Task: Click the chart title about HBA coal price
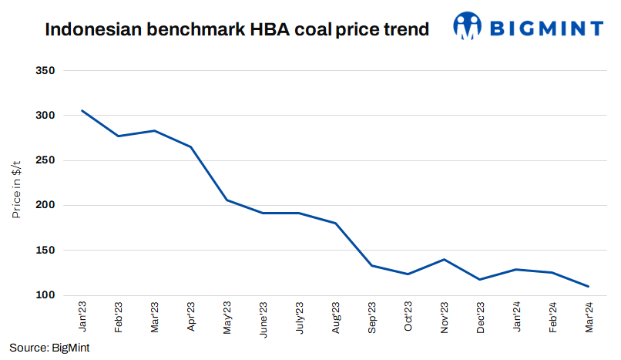tap(237, 30)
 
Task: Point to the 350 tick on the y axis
tap(46, 71)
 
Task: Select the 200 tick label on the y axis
tap(46, 206)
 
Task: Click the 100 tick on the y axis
tap(46, 295)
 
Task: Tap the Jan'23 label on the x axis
tap(82, 318)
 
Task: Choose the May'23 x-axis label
tap(227, 318)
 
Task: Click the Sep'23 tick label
tap(371, 318)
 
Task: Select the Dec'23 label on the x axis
tap(480, 318)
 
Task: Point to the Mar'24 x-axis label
tap(589, 318)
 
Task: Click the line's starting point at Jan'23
tap(82, 111)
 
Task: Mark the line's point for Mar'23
tap(154, 130)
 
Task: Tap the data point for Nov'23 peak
tap(444, 259)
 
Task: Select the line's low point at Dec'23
tap(480, 279)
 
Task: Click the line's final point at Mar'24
tap(589, 286)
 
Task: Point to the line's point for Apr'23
tap(190, 146)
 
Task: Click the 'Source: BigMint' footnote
tap(49, 348)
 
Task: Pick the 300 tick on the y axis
tap(46, 116)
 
